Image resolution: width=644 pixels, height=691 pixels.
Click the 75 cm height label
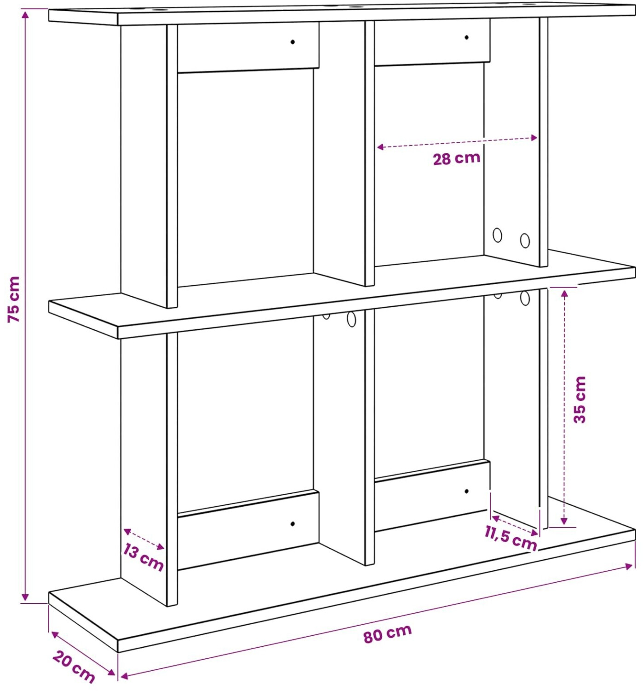click(14, 299)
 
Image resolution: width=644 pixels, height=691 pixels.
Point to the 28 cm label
click(457, 158)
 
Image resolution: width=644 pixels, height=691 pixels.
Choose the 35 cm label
click(580, 399)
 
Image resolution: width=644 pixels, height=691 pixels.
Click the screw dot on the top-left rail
click(293, 42)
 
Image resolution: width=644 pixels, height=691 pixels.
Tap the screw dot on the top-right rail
click(467, 37)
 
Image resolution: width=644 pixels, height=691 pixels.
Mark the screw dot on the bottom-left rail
click(292, 524)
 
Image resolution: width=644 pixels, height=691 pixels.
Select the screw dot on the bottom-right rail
click(467, 491)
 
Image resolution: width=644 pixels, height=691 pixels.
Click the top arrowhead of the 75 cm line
click(25, 14)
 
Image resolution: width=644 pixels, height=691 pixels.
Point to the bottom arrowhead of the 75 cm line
click(25, 597)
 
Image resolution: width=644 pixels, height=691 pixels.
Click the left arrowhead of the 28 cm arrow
click(380, 147)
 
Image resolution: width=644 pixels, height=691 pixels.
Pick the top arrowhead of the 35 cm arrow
click(564, 295)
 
